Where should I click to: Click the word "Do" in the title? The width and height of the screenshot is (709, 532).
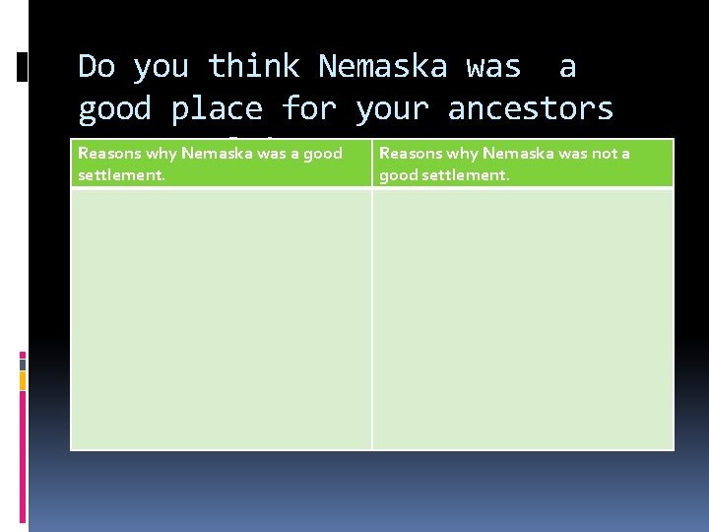click(x=97, y=67)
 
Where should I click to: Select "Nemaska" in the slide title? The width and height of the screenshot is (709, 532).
click(x=382, y=67)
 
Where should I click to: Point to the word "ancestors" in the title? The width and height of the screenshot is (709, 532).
click(x=530, y=108)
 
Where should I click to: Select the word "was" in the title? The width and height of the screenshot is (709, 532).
click(x=493, y=67)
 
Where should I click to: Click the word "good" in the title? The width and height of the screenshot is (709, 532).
click(x=114, y=108)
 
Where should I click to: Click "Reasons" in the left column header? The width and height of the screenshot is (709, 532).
click(x=107, y=154)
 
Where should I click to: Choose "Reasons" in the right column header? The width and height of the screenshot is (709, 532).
click(x=410, y=154)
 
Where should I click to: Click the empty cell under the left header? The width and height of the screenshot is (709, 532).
click(x=221, y=318)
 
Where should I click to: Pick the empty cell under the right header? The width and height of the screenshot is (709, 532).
click(x=523, y=318)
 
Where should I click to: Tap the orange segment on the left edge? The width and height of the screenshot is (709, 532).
click(x=23, y=379)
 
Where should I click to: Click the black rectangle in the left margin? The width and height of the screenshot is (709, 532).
click(x=23, y=66)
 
